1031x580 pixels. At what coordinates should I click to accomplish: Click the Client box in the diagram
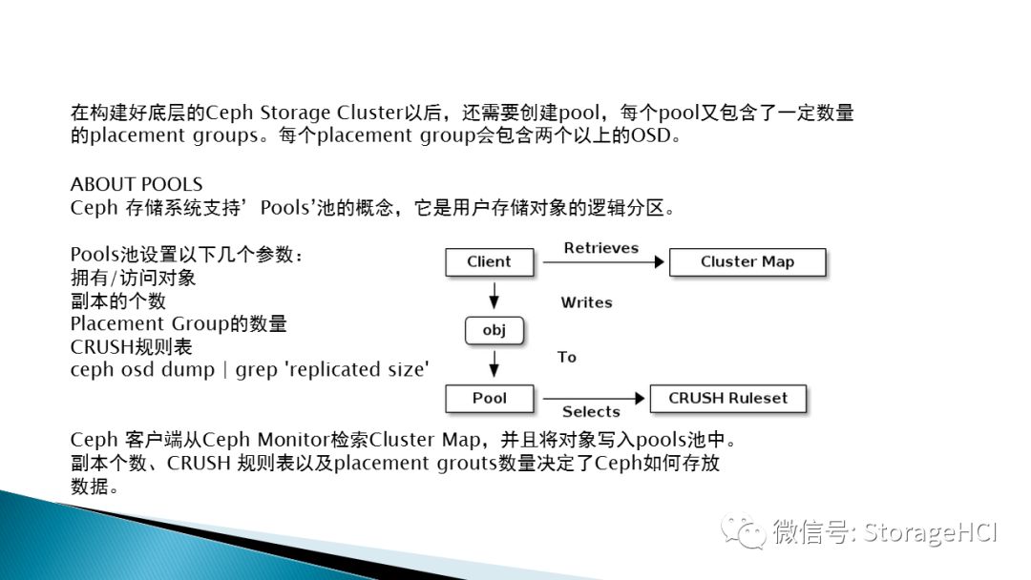pos(489,262)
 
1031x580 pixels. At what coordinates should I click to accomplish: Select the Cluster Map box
pos(747,262)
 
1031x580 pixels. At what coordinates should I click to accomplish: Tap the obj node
pos(494,331)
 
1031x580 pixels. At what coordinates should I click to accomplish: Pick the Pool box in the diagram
pos(489,398)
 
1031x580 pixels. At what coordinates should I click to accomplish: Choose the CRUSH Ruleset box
pos(727,398)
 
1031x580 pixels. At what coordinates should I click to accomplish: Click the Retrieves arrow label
pos(600,248)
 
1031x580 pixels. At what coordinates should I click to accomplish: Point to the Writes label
pos(586,302)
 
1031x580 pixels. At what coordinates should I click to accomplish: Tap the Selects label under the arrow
pos(591,412)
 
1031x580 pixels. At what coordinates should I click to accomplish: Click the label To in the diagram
pos(567,357)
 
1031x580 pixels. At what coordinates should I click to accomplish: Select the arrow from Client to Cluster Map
pos(601,262)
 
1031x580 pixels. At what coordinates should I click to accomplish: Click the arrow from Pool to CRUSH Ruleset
pos(592,398)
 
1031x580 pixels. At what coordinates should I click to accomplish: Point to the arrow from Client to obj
pos(494,297)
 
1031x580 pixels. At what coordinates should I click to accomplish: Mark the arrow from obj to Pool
pos(494,363)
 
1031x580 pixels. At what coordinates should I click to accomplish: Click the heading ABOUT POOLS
pos(137,184)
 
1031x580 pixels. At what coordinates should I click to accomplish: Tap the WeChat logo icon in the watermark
pos(743,530)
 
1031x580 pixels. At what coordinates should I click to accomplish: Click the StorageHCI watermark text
pos(930,531)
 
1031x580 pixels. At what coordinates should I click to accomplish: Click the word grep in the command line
pos(256,370)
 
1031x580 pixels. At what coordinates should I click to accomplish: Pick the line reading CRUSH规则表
pos(131,346)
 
